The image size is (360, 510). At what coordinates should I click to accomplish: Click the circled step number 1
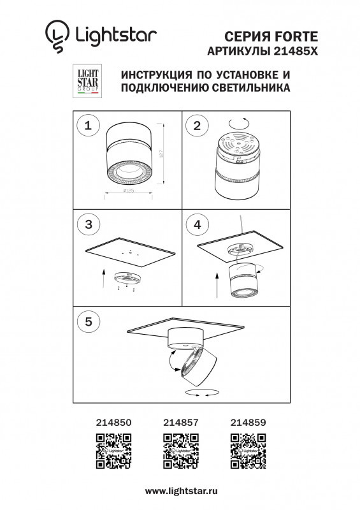[x=88, y=126]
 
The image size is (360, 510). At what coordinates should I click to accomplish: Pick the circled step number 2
[x=197, y=126]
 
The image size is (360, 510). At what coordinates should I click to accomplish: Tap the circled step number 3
[x=88, y=224]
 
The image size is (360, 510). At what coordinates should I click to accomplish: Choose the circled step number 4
[x=197, y=224]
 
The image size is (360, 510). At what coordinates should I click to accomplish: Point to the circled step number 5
[x=88, y=322]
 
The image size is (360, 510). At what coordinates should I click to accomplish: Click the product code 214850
[x=113, y=421]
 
